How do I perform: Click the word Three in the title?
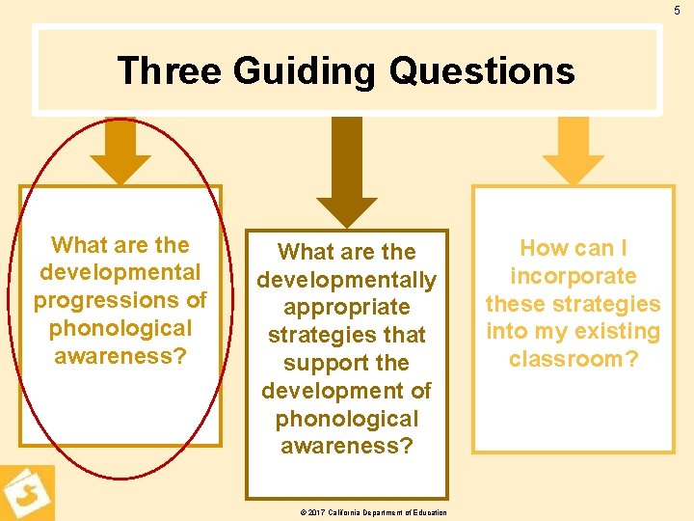coord(170,71)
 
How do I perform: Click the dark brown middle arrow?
coord(347,174)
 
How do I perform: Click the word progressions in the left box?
coord(120,300)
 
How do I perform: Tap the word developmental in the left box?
coord(120,272)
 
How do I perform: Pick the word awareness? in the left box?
coord(120,356)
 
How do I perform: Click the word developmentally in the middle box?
coord(346,280)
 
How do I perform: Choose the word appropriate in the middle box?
coord(346,308)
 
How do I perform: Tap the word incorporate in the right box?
coord(573,276)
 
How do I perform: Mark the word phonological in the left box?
coord(120,328)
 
